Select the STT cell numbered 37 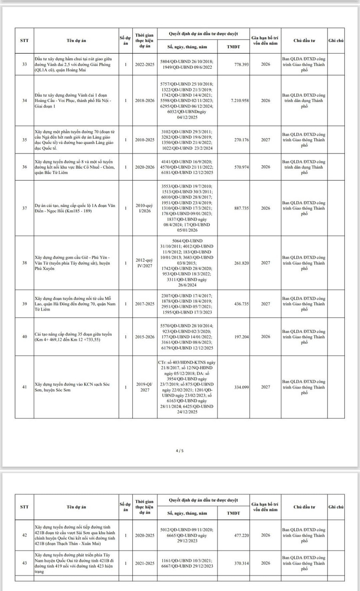(x=24, y=208)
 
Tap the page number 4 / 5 (x=180, y=451)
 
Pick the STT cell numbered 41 (x=24, y=387)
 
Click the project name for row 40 (x=73, y=336)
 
